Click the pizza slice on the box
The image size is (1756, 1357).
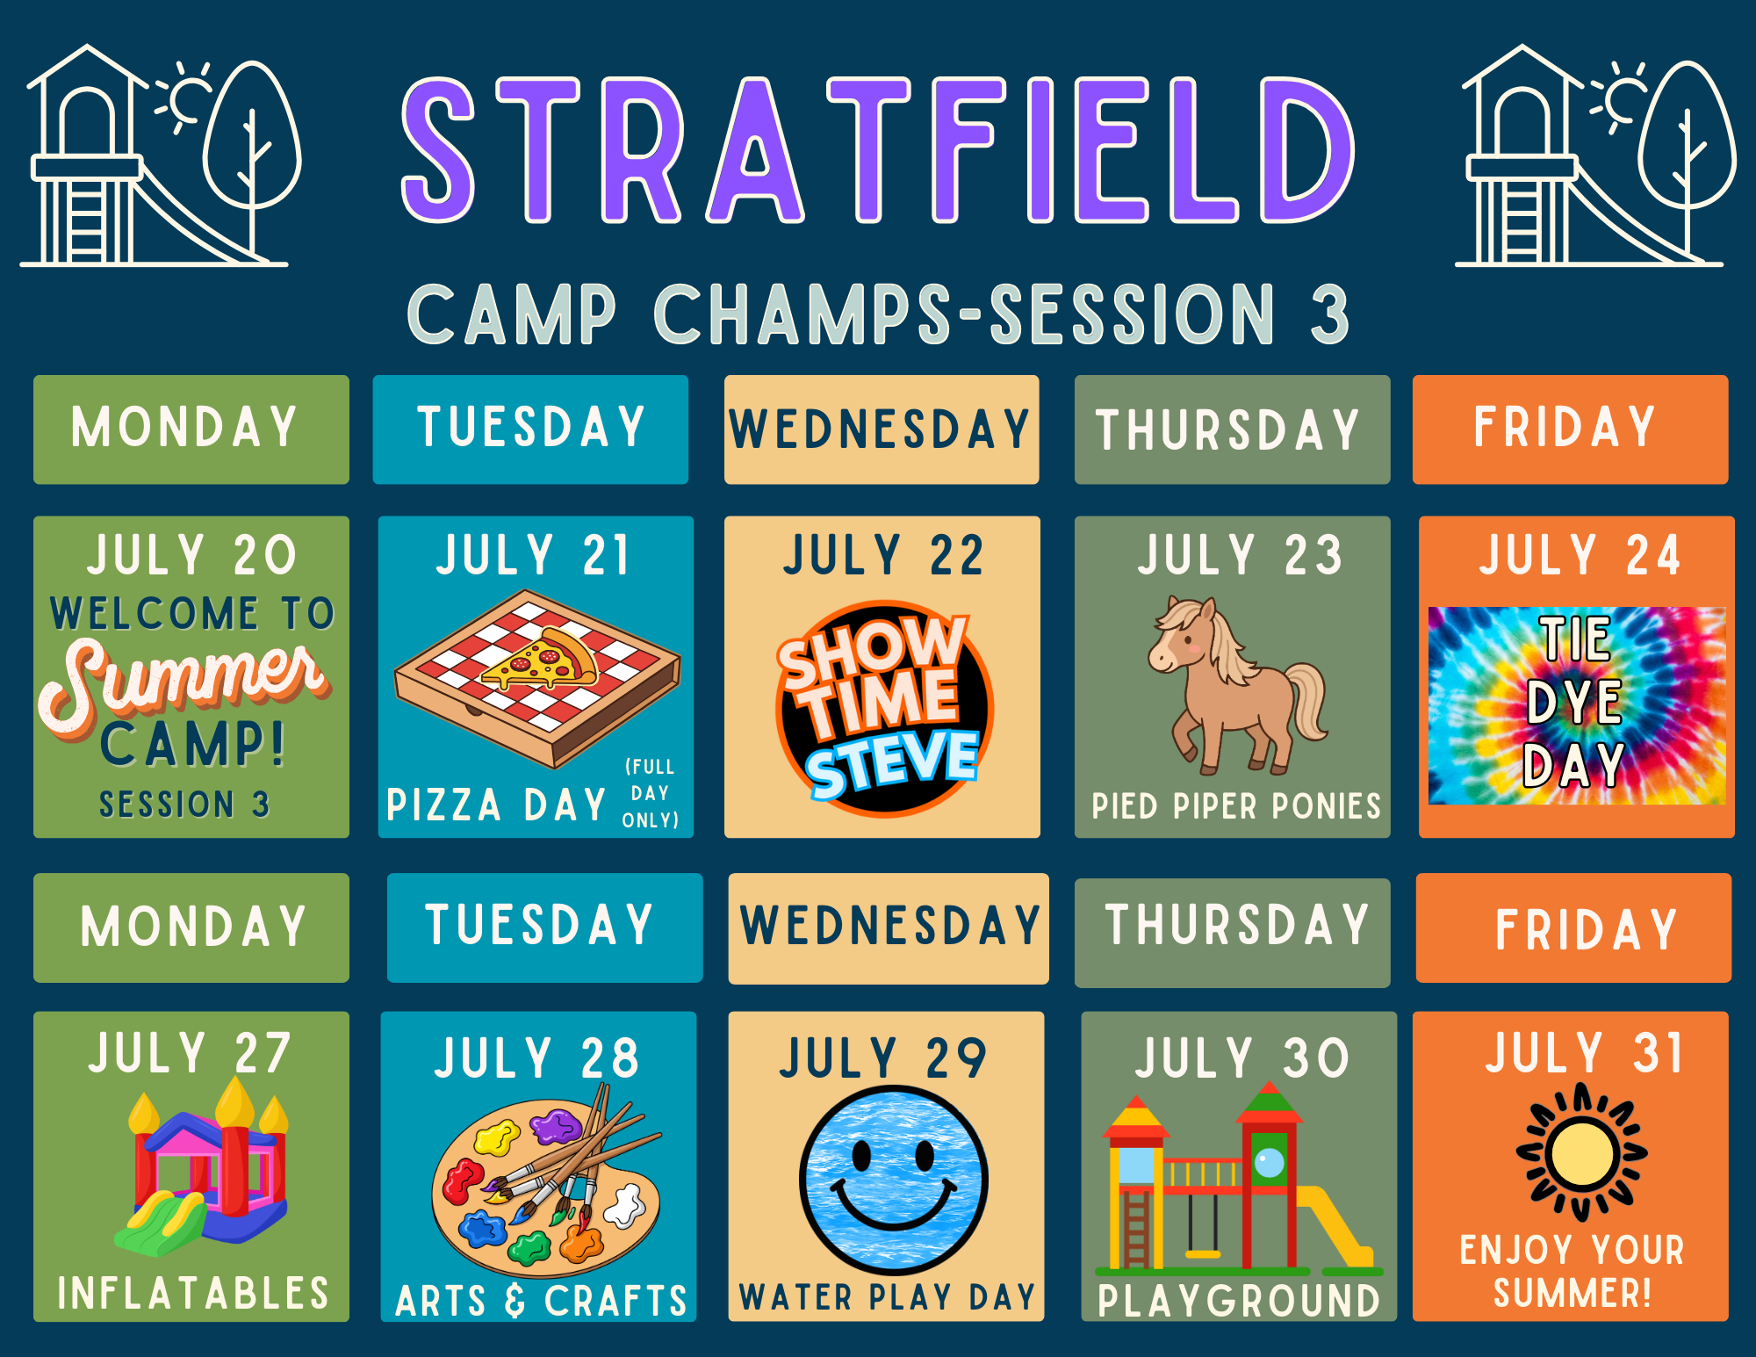[538, 659]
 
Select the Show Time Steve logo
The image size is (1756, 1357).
[883, 708]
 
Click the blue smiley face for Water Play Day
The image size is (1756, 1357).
[894, 1180]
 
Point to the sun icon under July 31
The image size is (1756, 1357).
[1582, 1152]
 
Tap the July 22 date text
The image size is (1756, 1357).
[883, 555]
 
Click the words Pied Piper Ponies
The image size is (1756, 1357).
[1236, 805]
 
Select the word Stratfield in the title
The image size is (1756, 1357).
[878, 149]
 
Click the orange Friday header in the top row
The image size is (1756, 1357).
[1570, 429]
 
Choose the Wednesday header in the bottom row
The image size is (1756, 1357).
[889, 928]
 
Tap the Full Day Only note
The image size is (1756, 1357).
[651, 793]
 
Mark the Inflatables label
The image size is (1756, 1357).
[193, 1294]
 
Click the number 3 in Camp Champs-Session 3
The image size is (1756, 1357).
[1329, 314]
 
